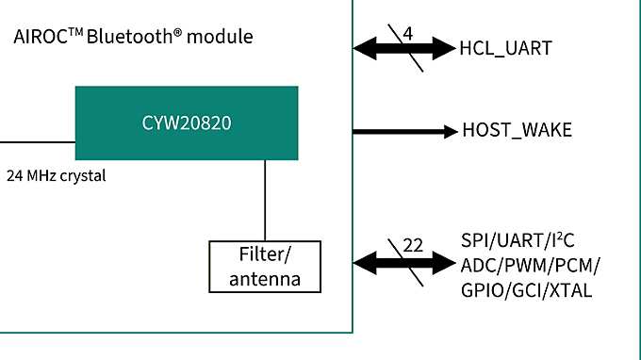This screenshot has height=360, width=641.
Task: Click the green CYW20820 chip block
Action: tap(187, 123)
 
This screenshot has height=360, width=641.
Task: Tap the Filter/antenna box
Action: tap(265, 267)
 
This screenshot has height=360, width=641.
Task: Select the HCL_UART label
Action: tap(505, 47)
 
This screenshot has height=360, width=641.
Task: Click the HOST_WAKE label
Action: tap(517, 131)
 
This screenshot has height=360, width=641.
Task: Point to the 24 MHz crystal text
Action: tap(56, 175)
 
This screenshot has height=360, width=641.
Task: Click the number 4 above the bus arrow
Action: tap(407, 34)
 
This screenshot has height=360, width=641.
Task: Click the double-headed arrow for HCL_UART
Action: tap(404, 46)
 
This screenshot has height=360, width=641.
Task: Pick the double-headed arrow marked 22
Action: tap(404, 263)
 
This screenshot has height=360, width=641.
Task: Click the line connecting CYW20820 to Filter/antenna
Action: tap(265, 200)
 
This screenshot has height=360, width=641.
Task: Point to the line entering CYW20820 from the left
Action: tap(38, 142)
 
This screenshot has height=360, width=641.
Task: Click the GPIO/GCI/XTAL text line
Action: tap(526, 289)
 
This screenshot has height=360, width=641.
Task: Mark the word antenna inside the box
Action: tap(265, 279)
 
